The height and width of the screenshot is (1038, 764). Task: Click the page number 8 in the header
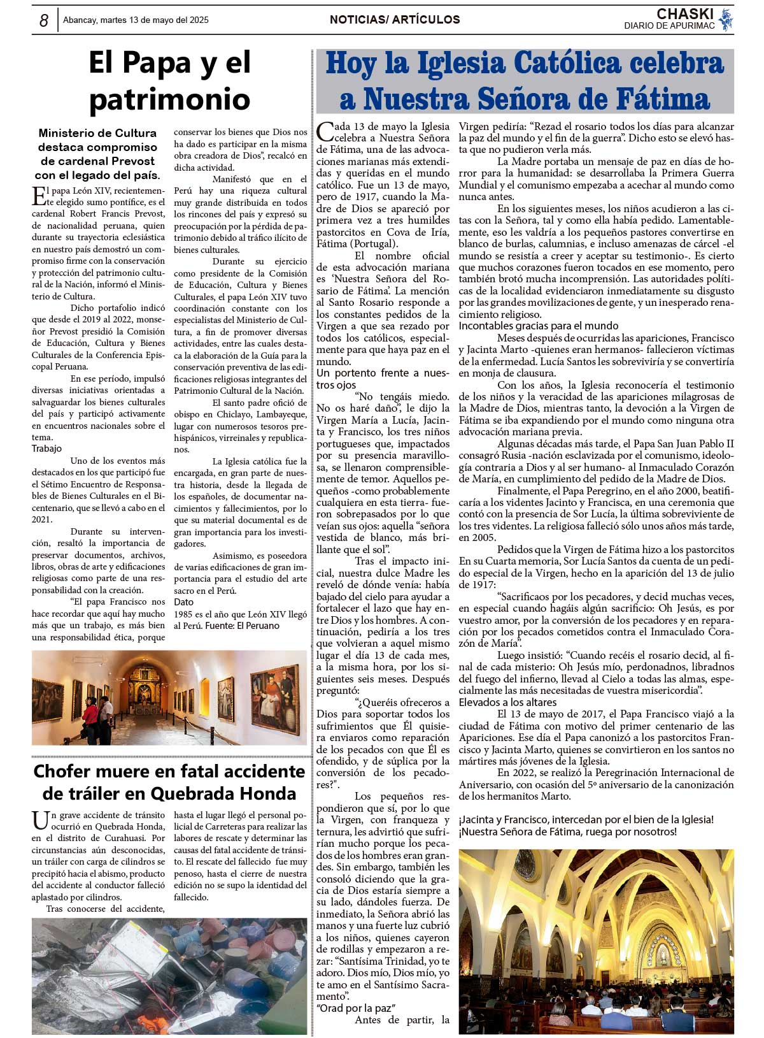point(43,20)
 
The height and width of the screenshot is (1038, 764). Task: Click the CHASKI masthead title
point(684,14)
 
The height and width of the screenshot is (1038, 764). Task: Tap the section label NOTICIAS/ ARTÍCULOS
point(395,20)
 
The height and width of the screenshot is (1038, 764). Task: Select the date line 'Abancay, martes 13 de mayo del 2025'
point(136,20)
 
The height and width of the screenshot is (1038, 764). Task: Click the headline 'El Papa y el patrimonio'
point(169,80)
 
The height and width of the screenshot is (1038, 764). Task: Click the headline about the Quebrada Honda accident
point(169,782)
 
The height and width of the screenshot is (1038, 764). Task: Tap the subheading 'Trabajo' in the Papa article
point(47,449)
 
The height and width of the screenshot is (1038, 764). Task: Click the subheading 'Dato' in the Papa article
point(183,602)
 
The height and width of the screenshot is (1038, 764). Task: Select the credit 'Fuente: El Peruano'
point(242,626)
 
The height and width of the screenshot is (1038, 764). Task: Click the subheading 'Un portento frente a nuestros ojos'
point(382,378)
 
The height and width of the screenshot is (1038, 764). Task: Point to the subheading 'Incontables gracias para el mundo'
point(539,326)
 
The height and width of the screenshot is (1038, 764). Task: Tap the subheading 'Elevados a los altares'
point(508,702)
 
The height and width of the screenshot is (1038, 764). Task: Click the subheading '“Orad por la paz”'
point(357,1008)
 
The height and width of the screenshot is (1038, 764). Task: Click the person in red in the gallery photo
point(90,712)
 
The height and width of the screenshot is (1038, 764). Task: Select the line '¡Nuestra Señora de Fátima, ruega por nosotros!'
point(567,832)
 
